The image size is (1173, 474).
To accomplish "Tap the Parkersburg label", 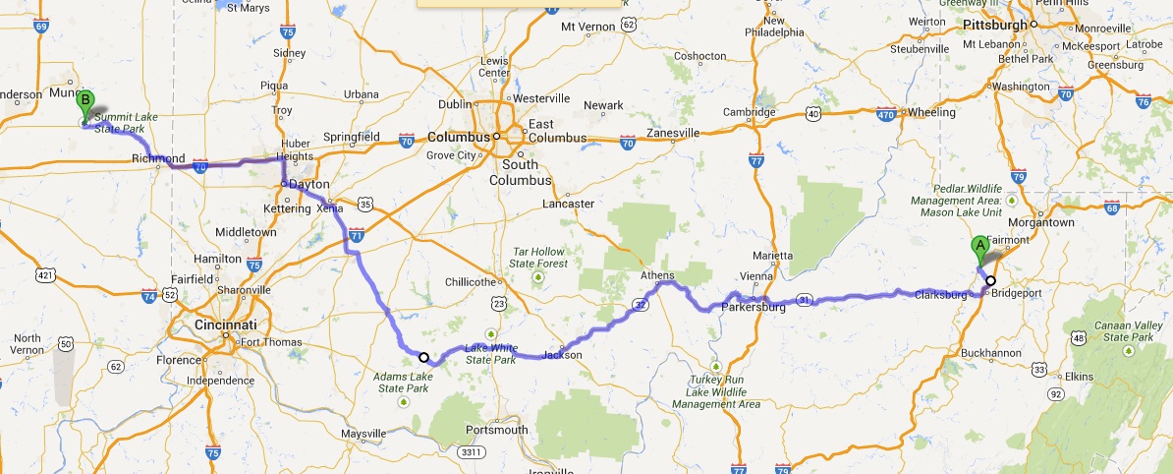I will (x=754, y=308).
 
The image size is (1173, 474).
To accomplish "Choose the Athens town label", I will (x=658, y=276).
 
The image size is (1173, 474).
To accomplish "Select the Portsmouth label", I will (x=498, y=430).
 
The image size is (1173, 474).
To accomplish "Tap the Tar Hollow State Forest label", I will (x=538, y=258).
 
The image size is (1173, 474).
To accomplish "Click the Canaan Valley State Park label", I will (x=1128, y=330).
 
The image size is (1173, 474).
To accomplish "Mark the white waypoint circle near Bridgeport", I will (x=990, y=280).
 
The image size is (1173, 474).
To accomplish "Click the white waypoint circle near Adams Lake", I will (x=423, y=357).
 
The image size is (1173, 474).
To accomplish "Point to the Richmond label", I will (x=158, y=158).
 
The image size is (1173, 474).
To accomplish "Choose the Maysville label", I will (x=363, y=434).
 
